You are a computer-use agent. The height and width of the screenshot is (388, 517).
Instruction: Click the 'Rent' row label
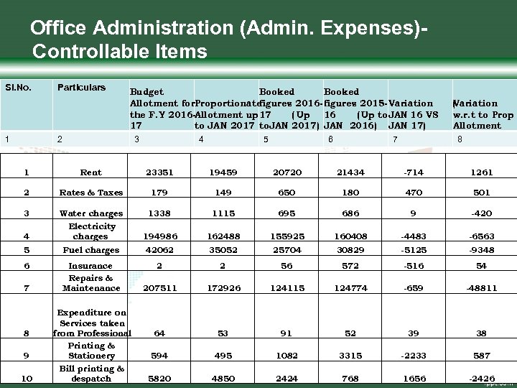pyautogui.click(x=91, y=172)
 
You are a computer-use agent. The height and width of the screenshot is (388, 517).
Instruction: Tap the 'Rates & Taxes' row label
pyautogui.click(x=91, y=193)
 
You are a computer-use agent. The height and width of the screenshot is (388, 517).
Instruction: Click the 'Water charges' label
pyautogui.click(x=91, y=213)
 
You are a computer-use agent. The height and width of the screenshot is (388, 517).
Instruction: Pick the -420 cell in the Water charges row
pyautogui.click(x=482, y=213)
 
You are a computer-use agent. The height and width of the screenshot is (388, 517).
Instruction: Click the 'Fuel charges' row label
pyautogui.click(x=91, y=250)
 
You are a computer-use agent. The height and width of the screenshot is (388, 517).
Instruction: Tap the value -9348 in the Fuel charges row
pyautogui.click(x=482, y=250)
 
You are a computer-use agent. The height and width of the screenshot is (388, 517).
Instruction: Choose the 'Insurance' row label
pyautogui.click(x=91, y=266)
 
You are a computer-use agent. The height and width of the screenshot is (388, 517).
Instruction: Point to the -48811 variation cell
pyautogui.click(x=482, y=288)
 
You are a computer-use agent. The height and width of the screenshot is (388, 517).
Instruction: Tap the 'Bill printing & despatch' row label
pyautogui.click(x=91, y=374)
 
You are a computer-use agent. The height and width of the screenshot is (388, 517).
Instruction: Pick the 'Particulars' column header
pyautogui.click(x=81, y=88)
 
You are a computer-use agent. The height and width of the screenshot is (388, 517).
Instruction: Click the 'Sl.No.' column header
pyautogui.click(x=18, y=88)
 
